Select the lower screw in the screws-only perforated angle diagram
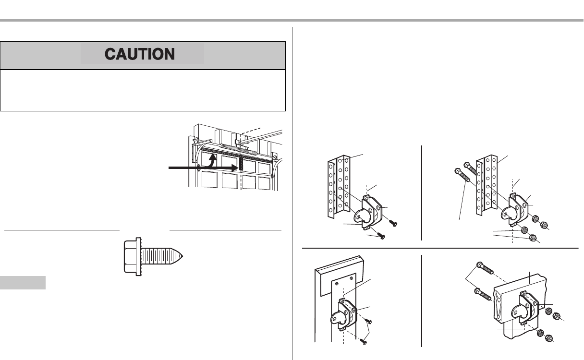381,237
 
